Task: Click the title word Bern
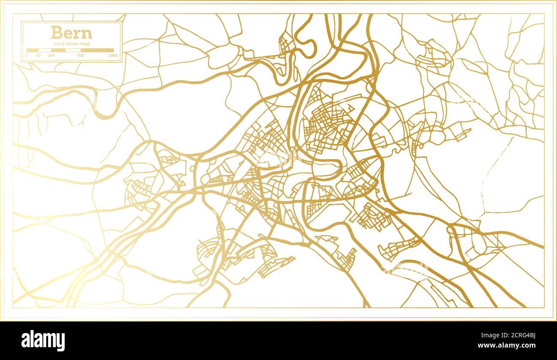(x=71, y=33)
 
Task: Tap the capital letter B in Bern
(x=56, y=33)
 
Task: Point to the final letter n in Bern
(x=87, y=34)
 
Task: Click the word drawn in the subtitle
(x=72, y=44)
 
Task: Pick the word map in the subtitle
(x=85, y=44)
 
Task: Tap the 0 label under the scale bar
(x=27, y=55)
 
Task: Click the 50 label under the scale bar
(x=39, y=55)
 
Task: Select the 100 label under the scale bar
(x=51, y=55)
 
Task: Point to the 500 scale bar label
(x=81, y=55)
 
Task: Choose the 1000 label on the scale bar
(x=113, y=55)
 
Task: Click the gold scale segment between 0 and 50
(x=33, y=50)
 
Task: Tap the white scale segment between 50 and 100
(x=45, y=50)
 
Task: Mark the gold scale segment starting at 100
(x=58, y=50)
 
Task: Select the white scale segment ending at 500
(x=73, y=50)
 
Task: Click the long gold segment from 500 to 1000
(x=97, y=50)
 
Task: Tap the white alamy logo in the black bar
(x=43, y=341)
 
